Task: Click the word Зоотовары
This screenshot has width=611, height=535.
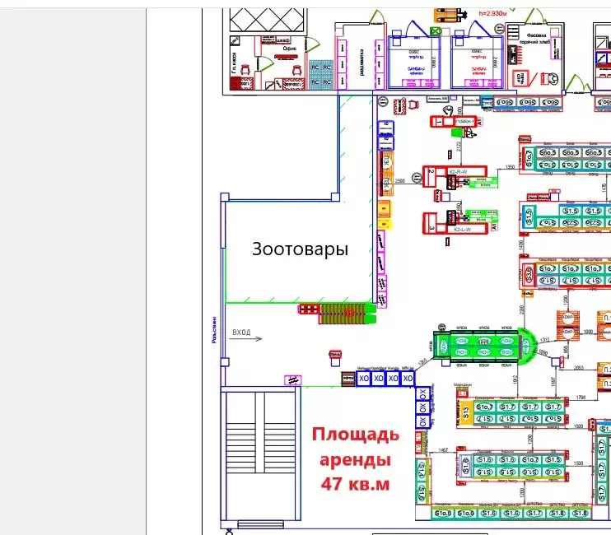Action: coord(300,249)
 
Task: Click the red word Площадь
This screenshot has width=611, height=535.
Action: coord(355,434)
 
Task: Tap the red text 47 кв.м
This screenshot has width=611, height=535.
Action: coord(355,483)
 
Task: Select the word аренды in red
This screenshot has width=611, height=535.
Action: coord(355,458)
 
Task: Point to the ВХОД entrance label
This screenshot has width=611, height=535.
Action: coord(241,332)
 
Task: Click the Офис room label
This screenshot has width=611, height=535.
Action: coord(289,49)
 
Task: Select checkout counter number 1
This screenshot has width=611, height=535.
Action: coord(439,122)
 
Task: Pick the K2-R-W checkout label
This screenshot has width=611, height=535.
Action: coord(458,171)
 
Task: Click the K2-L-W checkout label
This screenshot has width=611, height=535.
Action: coord(462,230)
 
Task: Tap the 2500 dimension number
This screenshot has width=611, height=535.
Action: coord(401,179)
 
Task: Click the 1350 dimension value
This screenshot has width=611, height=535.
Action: coord(510,167)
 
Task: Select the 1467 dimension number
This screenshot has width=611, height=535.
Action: coord(442,449)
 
